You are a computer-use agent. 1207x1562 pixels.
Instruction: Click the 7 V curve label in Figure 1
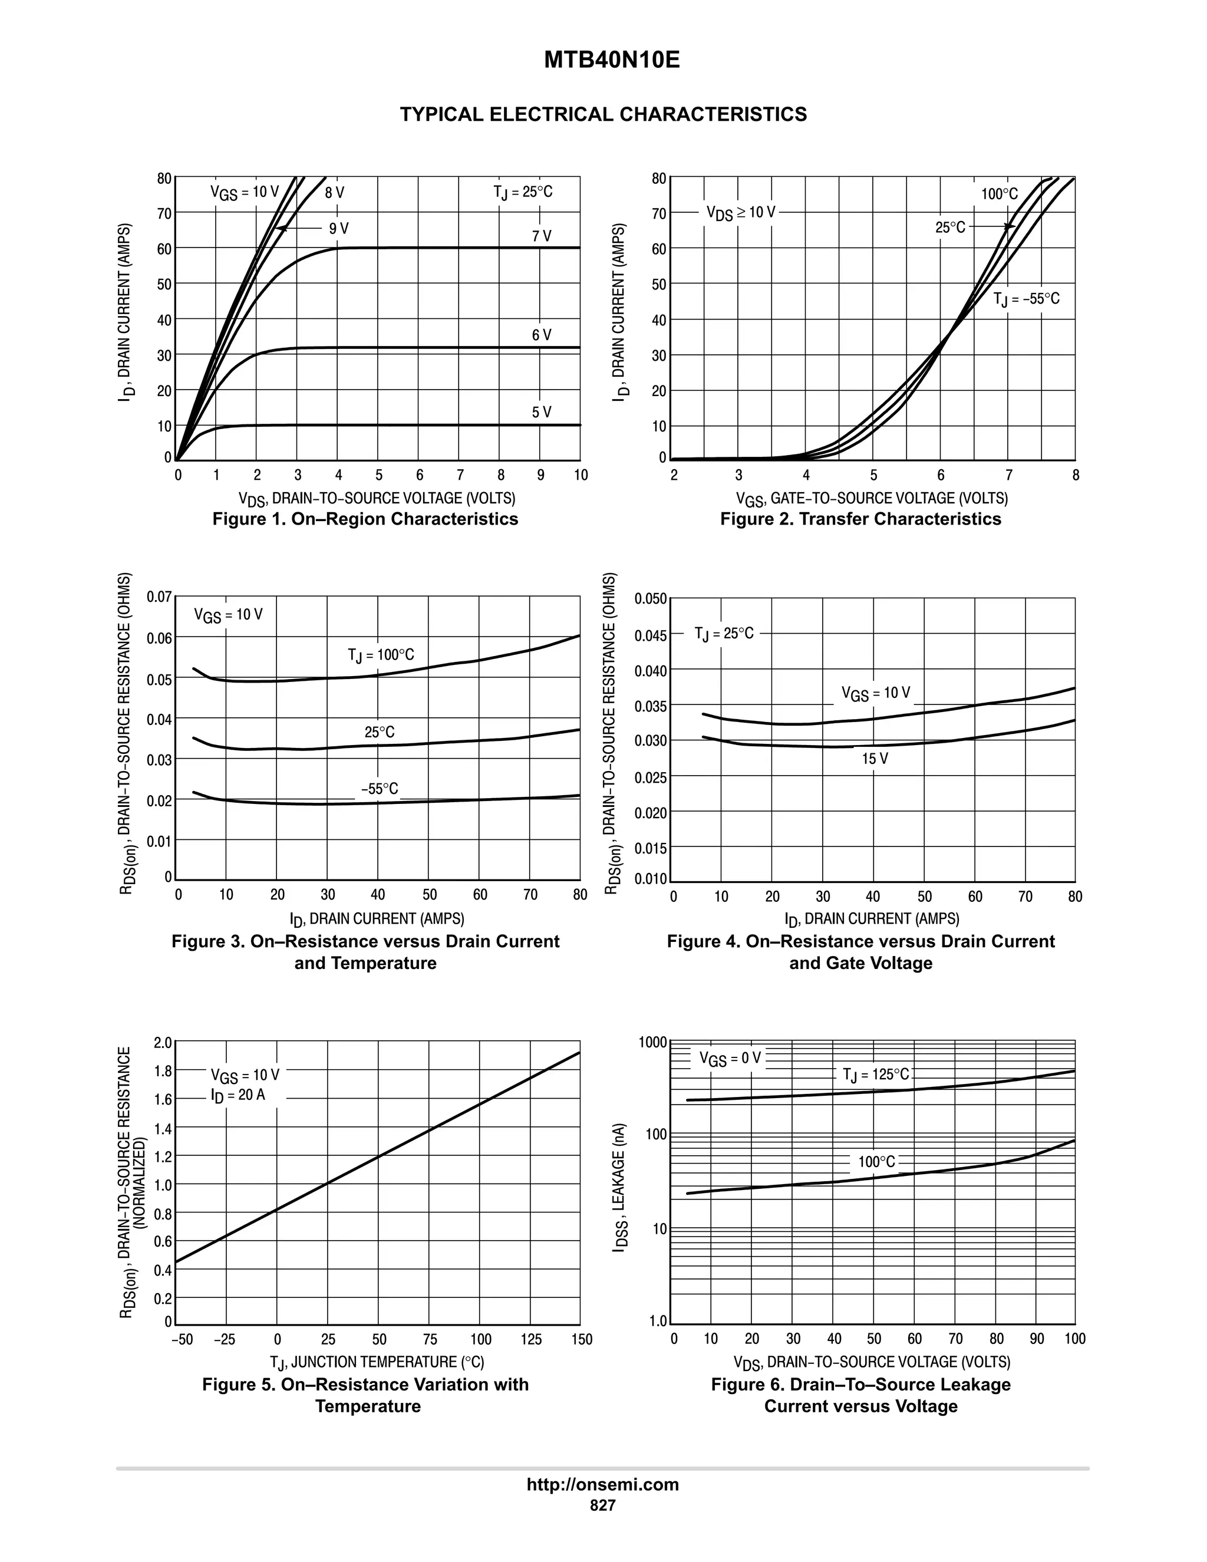(541, 236)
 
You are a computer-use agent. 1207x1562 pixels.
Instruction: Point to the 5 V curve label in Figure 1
(541, 412)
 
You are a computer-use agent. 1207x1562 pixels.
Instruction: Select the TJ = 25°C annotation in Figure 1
(523, 192)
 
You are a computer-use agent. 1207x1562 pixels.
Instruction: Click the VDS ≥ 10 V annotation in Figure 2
(740, 212)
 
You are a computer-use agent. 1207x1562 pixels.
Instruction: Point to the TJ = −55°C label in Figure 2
(1026, 298)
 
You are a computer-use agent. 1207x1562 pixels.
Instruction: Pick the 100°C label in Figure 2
(999, 194)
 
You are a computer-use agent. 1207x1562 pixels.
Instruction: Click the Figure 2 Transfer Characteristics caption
(860, 519)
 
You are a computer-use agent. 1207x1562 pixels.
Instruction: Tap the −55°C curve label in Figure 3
(379, 789)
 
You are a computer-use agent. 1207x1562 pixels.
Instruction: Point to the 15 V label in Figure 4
(875, 759)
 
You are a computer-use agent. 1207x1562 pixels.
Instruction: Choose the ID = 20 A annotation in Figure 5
(238, 1095)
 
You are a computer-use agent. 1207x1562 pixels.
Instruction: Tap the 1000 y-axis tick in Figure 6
(653, 1042)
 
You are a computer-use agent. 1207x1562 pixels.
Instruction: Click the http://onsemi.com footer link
(603, 1484)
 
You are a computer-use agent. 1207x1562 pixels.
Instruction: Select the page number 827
(603, 1505)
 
